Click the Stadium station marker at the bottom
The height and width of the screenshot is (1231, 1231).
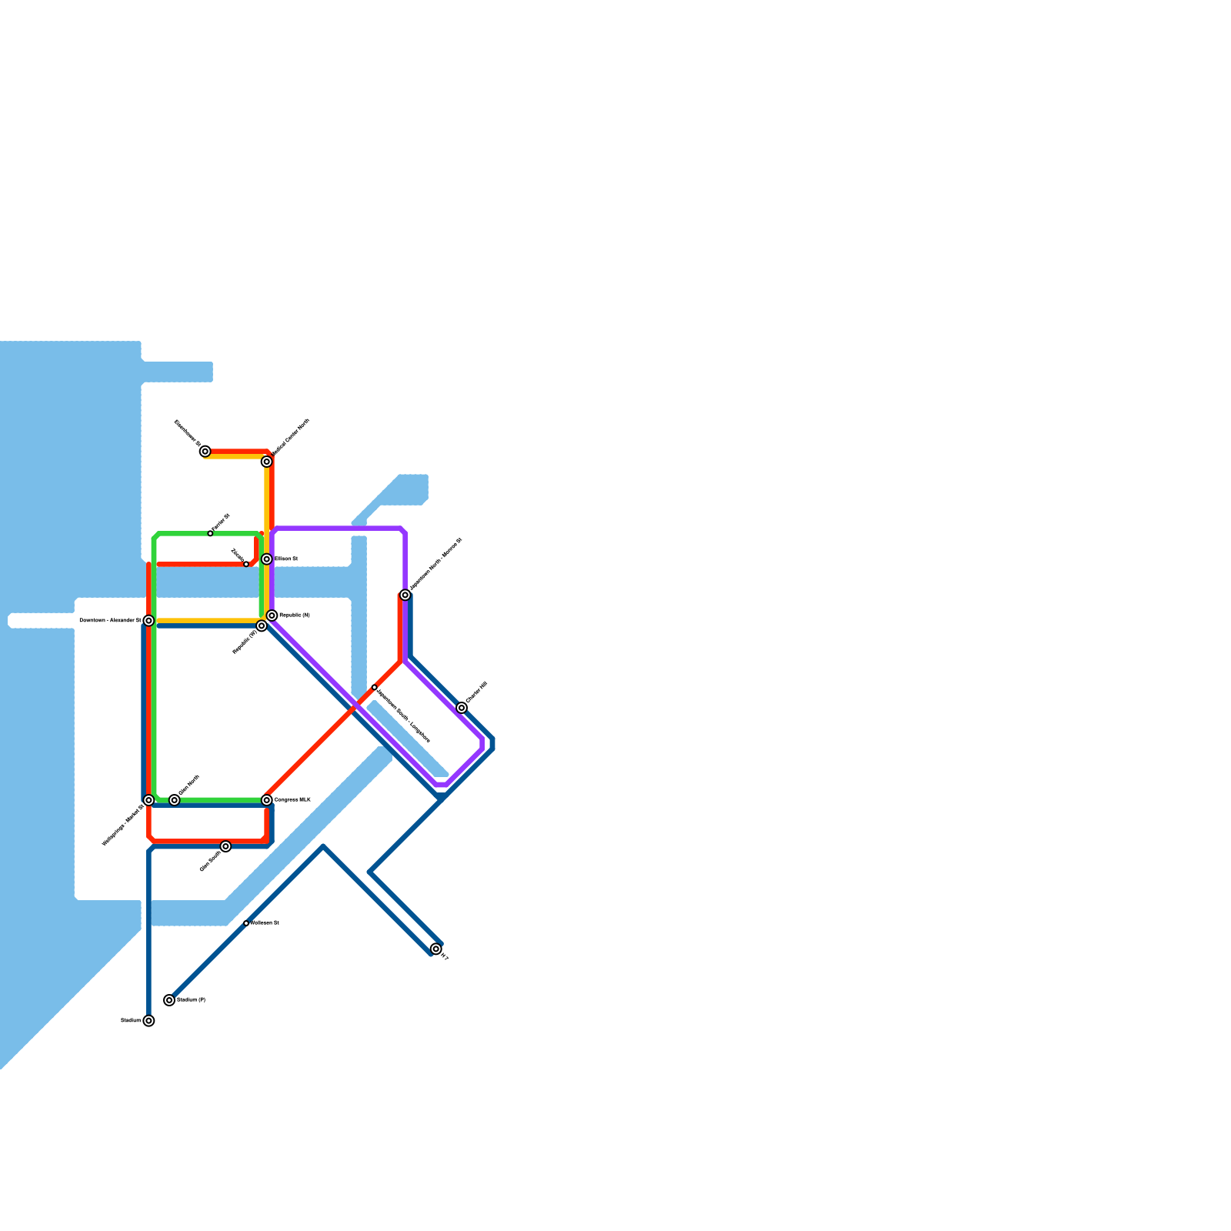[148, 1021]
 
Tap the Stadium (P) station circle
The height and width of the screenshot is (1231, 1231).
[169, 1000]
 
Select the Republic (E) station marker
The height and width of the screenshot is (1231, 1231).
[272, 615]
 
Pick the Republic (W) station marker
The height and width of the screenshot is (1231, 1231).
[262, 626]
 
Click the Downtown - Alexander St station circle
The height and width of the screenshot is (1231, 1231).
[148, 621]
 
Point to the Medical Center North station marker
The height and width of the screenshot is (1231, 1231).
[266, 462]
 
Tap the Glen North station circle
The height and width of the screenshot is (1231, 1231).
[175, 800]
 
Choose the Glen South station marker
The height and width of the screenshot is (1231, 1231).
[225, 846]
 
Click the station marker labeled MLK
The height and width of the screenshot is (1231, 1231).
[266, 800]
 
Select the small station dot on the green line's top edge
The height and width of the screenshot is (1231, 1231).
[210, 533]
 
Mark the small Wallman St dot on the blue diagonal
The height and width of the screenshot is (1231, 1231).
[246, 922]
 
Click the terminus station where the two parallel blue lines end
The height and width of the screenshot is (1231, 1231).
[436, 949]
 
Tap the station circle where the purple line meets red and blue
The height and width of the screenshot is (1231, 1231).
[405, 595]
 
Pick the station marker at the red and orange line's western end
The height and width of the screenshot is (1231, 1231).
[205, 452]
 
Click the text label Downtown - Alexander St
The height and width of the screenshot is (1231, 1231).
[109, 620]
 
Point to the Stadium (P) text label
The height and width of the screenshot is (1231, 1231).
[191, 1000]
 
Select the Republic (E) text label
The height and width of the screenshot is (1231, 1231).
[295, 615]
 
